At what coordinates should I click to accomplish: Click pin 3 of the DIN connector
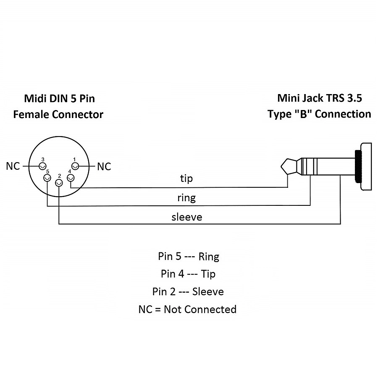(42, 166)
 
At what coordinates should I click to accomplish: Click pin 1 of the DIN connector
(75, 166)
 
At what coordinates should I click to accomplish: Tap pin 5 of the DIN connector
(47, 178)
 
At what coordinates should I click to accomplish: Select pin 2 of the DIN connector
(59, 184)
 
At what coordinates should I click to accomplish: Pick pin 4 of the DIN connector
(71, 178)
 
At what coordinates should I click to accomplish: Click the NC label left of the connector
(13, 166)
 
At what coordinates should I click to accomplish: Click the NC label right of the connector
(104, 167)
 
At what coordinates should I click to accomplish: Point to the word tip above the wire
(186, 178)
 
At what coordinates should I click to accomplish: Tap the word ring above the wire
(186, 198)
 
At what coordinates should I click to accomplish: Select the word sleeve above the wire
(187, 217)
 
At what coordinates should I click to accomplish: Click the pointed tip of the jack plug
(281, 166)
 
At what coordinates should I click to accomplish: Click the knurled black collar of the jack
(358, 166)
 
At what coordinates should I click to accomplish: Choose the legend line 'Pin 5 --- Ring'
(189, 256)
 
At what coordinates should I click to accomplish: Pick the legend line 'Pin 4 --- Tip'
(188, 274)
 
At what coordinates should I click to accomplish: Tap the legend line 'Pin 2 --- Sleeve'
(188, 292)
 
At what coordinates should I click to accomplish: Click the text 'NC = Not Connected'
(188, 309)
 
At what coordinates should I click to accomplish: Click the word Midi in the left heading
(35, 98)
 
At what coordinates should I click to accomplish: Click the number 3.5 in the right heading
(354, 98)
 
